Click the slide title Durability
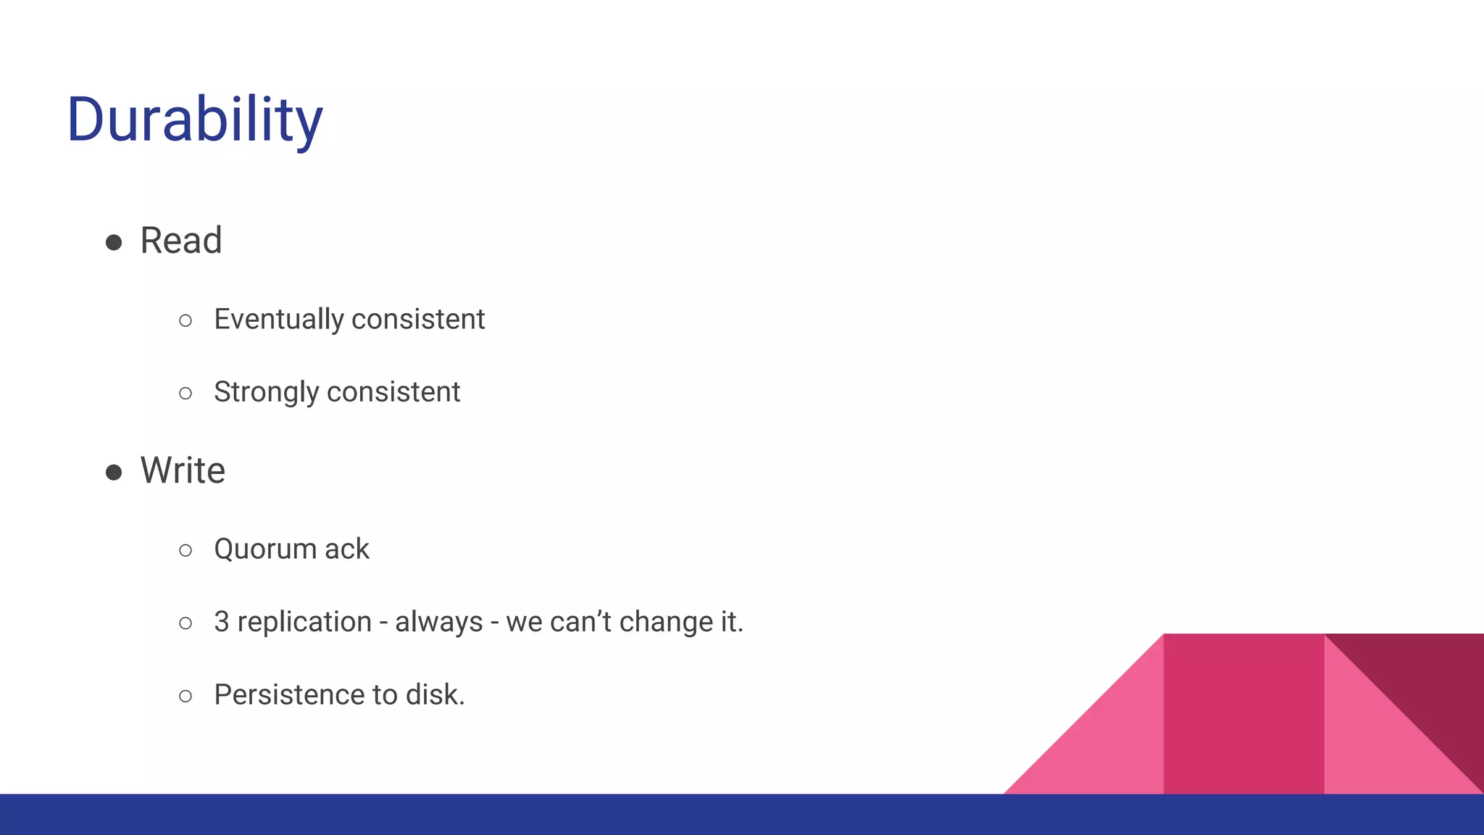pos(194,120)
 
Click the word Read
pos(180,241)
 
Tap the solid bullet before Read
pos(114,242)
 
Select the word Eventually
pos(278,320)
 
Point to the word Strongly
pos(266,392)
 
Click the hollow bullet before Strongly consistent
pos(185,394)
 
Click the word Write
pos(183,470)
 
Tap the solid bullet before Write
pos(114,473)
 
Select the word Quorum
pos(264,549)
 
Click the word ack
pos(347,549)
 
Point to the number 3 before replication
pos(221,622)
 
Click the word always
pos(438,622)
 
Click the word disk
pos(434,695)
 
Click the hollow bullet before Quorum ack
pos(185,551)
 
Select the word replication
pos(304,622)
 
